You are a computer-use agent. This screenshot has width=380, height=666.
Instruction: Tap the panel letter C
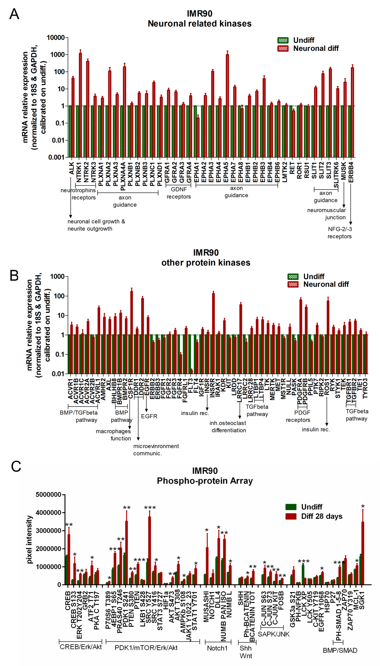pos(16,467)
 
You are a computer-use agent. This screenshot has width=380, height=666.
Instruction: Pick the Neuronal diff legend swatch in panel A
pos(283,49)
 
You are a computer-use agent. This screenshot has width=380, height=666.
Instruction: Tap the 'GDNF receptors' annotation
pos(179,193)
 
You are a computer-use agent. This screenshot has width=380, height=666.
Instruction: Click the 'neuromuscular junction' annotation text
pos(326,214)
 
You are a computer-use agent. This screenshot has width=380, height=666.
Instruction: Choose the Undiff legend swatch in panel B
pos(293,277)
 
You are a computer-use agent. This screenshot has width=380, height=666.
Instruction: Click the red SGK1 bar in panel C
pos(363,554)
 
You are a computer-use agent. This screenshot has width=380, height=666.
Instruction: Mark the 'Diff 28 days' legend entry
pos(321,516)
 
